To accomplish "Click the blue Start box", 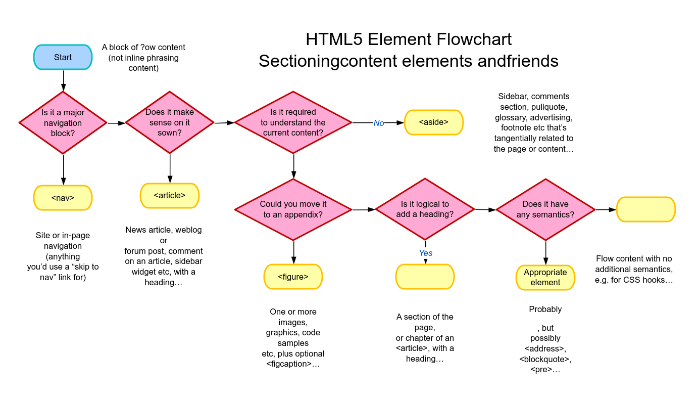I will click(63, 57).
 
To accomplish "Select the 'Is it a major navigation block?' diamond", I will click(63, 122).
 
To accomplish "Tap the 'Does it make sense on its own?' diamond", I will click(170, 122).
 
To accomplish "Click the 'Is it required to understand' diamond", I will click(293, 122).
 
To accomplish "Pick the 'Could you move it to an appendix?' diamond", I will click(293, 209).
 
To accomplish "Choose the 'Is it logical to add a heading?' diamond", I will click(425, 209).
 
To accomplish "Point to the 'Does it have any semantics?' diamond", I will click(545, 209).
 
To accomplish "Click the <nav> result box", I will click(63, 198).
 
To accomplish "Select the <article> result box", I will click(170, 196).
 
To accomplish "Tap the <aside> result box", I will click(433, 122).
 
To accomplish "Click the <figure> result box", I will click(293, 277).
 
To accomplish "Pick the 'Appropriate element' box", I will click(545, 278).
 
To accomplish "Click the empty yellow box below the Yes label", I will click(425, 277).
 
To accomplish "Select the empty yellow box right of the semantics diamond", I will click(646, 209).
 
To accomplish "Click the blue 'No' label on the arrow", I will click(379, 123).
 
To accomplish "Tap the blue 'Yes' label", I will click(425, 253).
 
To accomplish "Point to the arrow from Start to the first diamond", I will click(63, 80).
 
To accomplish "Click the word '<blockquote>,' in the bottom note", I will click(545, 359).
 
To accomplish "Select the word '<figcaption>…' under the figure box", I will click(293, 364).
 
